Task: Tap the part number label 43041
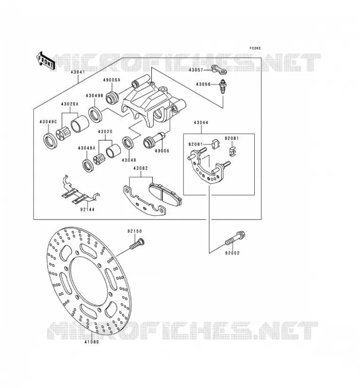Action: tap(78, 72)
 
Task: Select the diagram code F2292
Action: tap(255, 48)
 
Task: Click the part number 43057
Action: tap(196, 70)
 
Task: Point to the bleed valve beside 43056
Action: tap(223, 86)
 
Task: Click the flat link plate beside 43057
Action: tap(219, 69)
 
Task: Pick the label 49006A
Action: tap(112, 80)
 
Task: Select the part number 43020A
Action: tap(69, 104)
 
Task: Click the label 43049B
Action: tap(94, 96)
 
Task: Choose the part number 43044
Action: tap(201, 123)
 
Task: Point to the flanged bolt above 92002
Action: tap(235, 238)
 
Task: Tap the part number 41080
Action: tap(91, 342)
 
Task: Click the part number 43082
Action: tap(140, 168)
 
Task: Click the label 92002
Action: tap(232, 253)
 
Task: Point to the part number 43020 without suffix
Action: tap(105, 132)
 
